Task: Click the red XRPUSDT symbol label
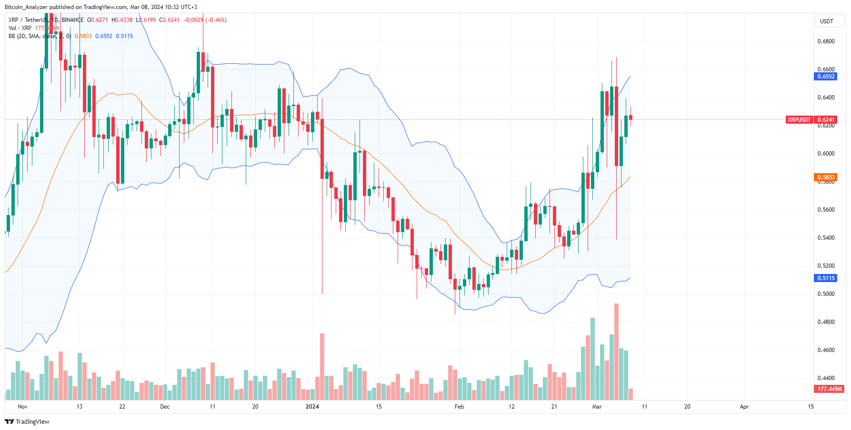click(x=799, y=120)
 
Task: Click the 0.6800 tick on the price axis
click(x=826, y=41)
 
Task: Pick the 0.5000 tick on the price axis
click(x=826, y=294)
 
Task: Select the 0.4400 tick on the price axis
click(x=826, y=378)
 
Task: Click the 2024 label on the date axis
click(x=312, y=407)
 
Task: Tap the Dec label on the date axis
click(x=165, y=407)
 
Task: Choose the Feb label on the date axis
click(x=459, y=407)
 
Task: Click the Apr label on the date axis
click(x=744, y=407)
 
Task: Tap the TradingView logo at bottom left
click(x=27, y=421)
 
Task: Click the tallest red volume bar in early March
click(x=616, y=352)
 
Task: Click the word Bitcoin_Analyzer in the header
click(x=26, y=7)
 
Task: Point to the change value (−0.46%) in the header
click(x=216, y=20)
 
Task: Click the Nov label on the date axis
click(x=22, y=407)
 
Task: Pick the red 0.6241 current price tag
click(x=825, y=120)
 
